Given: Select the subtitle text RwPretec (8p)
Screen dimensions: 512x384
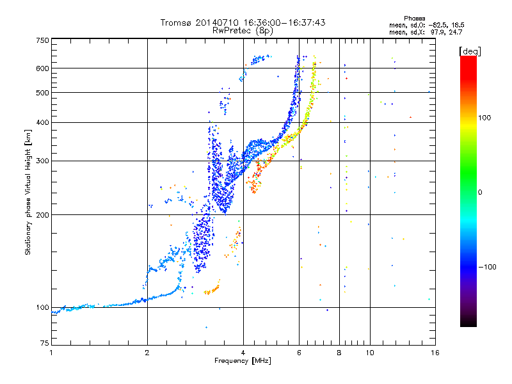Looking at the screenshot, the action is [243, 31].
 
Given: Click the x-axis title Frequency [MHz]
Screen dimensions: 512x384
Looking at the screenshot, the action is [243, 361].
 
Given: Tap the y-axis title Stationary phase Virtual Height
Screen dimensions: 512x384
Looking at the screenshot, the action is [28, 192].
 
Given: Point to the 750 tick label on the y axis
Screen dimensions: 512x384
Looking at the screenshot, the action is [43, 40].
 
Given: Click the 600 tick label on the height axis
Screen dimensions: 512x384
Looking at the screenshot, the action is [43, 68].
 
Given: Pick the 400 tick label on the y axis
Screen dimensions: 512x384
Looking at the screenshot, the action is [43, 122].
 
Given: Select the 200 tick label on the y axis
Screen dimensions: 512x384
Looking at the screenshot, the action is [43, 215].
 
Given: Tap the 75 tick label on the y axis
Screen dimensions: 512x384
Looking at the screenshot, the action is [45, 343].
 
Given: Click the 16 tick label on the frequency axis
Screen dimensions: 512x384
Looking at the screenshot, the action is [435, 353].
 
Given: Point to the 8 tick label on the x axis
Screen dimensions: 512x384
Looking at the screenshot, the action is [339, 353].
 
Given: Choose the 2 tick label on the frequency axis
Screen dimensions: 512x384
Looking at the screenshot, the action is [147, 353].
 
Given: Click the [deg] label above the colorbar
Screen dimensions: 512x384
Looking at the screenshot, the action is [470, 52].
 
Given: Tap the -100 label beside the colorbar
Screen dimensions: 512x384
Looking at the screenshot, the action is [487, 267].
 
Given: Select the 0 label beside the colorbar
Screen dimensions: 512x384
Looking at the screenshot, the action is [480, 193].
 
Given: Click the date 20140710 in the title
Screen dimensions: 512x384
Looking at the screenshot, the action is [217, 22].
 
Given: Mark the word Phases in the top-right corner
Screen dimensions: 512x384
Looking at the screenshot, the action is [414, 19].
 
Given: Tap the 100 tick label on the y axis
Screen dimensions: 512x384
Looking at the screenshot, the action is [43, 307].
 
